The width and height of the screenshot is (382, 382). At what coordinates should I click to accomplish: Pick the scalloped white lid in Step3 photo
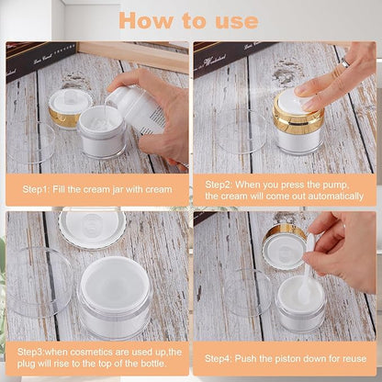91,225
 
